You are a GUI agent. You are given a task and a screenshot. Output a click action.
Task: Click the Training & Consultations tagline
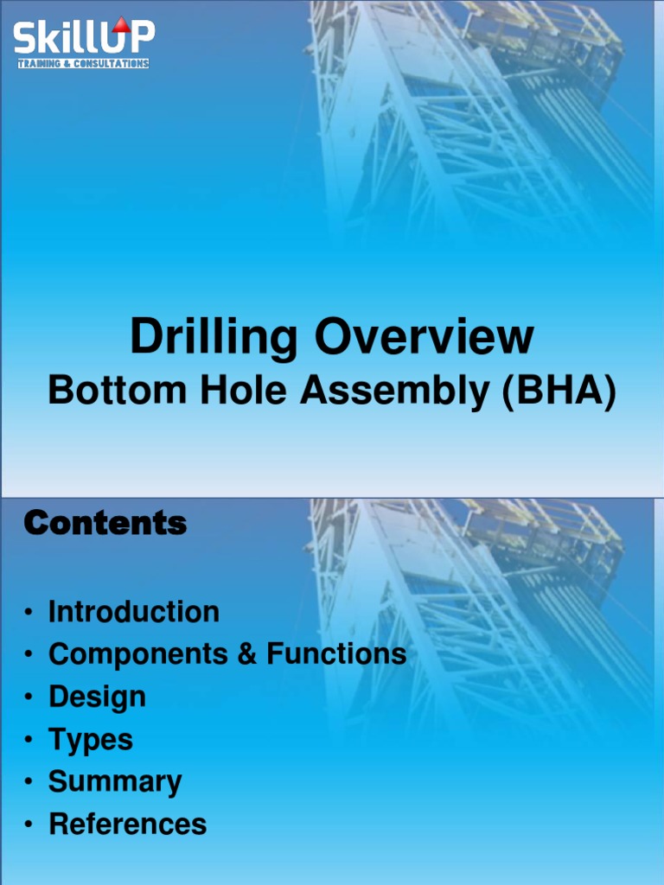tap(83, 64)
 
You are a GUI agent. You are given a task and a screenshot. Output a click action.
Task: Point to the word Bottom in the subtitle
tap(117, 391)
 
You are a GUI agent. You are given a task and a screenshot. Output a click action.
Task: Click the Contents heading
tap(105, 524)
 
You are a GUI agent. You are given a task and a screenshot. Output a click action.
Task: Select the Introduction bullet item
tap(134, 612)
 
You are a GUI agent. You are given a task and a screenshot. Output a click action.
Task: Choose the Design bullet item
tap(97, 697)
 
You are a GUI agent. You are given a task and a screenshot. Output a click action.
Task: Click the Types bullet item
tap(91, 740)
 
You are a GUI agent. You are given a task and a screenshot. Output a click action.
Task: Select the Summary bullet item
tap(115, 782)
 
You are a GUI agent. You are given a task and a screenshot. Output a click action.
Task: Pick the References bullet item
tap(128, 825)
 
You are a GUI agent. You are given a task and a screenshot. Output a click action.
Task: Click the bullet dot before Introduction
tap(29, 613)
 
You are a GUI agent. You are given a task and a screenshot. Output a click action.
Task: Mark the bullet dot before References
tap(29, 825)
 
